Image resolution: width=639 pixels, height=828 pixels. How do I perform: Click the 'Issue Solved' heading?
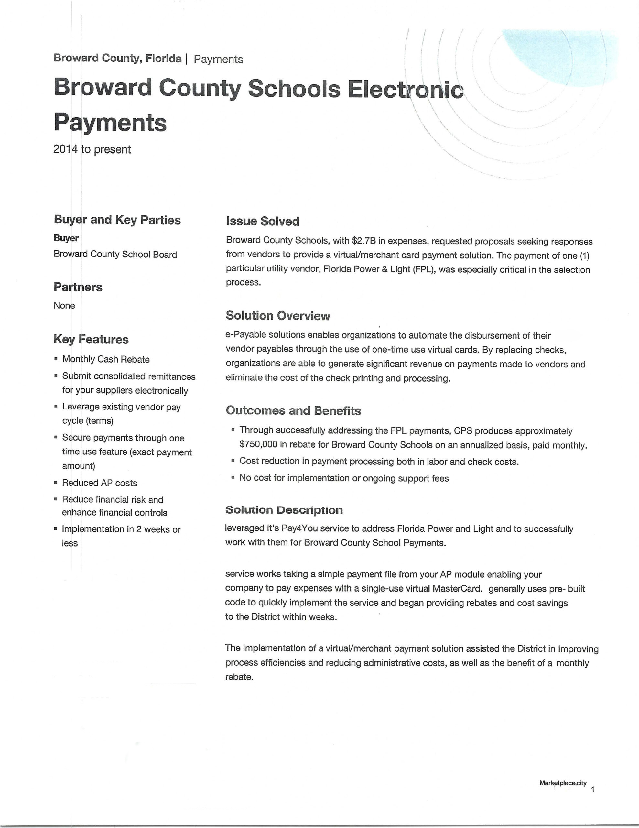pyautogui.click(x=262, y=221)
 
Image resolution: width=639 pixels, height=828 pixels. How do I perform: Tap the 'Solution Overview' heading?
pyautogui.click(x=278, y=315)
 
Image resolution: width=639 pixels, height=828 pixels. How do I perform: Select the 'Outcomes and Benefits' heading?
pyautogui.click(x=293, y=410)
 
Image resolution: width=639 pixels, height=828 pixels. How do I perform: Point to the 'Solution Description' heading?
pyautogui.click(x=284, y=510)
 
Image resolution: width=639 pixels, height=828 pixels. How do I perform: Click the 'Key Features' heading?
pyautogui.click(x=91, y=339)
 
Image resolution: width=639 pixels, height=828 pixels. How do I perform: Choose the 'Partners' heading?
pyautogui.click(x=78, y=287)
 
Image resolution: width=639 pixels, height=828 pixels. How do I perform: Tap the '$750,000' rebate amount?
pyautogui.click(x=256, y=444)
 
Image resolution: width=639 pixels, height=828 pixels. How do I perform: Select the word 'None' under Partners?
pyautogui.click(x=64, y=306)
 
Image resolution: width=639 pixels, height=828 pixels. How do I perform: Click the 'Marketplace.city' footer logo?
pyautogui.click(x=563, y=783)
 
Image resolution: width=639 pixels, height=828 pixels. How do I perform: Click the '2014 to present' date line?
pyautogui.click(x=92, y=149)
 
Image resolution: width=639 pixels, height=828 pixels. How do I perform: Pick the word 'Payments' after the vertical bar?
pyautogui.click(x=218, y=60)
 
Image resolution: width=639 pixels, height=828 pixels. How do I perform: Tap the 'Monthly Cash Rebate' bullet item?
pyautogui.click(x=106, y=359)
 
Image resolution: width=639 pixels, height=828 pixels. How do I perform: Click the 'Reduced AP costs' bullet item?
pyautogui.click(x=100, y=483)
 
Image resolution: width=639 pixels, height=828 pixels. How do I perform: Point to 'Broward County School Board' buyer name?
pyautogui.click(x=115, y=255)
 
